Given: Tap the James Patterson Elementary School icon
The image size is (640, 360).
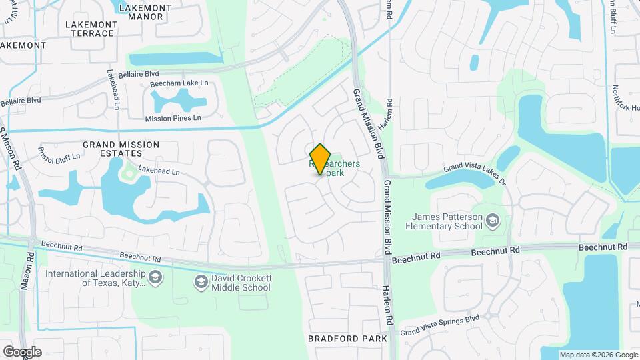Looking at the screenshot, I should point(492,221).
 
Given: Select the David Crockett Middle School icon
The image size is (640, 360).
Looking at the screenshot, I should point(199,283).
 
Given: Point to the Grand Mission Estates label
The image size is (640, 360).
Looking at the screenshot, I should point(121,149).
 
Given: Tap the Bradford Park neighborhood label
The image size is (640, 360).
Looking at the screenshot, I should point(347,339).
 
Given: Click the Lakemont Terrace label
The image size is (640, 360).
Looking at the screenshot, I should point(90,29).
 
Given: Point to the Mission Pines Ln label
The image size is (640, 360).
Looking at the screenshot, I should point(173,118).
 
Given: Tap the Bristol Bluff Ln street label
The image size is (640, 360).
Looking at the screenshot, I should point(59,154).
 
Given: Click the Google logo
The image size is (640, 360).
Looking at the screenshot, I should point(22,352).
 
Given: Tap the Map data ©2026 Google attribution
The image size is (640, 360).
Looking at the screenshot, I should point(598,355).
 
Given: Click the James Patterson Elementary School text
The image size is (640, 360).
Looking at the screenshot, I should point(447,221).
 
